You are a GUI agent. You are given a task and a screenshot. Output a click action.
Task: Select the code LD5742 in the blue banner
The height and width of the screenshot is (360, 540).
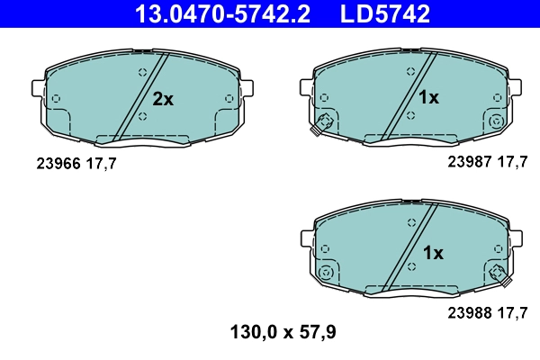click(384, 13)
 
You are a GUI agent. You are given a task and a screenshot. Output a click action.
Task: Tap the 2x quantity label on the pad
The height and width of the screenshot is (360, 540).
click(162, 100)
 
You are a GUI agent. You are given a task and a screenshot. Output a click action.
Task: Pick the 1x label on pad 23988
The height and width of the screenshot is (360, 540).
click(433, 253)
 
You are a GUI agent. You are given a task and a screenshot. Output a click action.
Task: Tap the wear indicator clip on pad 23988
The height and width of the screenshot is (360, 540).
click(500, 274)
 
